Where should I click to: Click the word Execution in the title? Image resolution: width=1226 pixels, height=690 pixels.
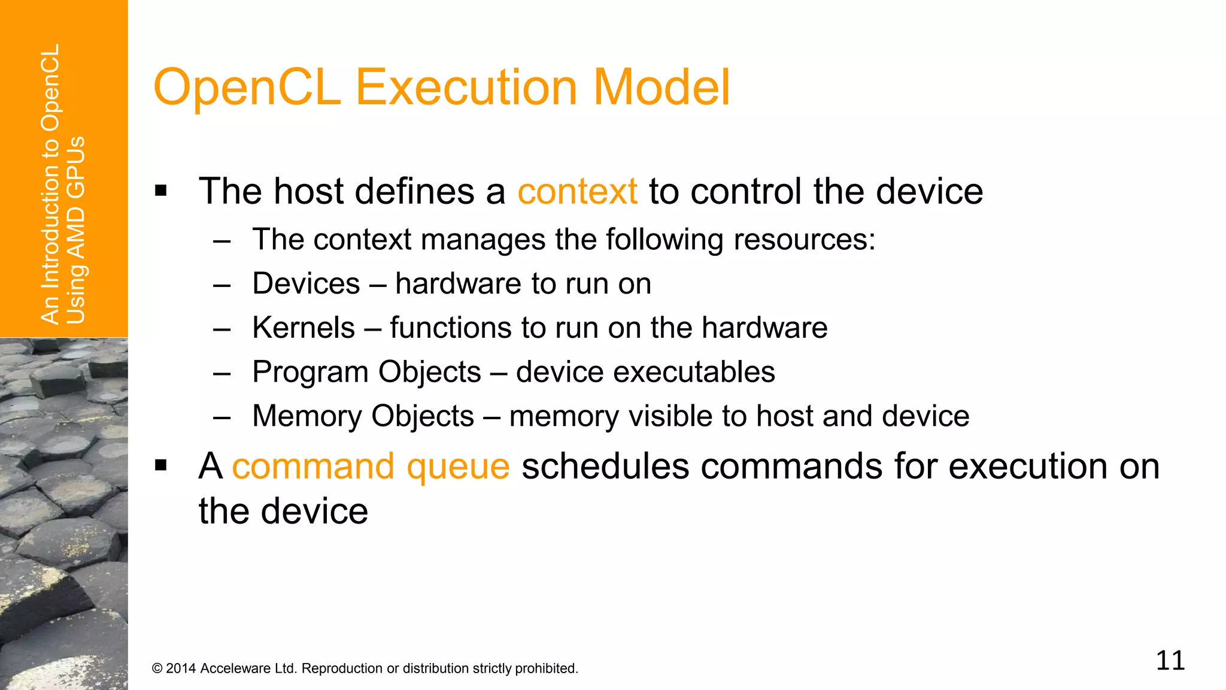(x=466, y=87)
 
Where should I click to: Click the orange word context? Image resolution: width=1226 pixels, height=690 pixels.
(x=577, y=192)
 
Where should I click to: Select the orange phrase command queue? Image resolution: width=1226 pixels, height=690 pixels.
(x=371, y=467)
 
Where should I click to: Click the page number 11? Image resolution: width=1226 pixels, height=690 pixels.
(x=1170, y=661)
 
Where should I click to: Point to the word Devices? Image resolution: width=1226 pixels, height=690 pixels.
(x=306, y=283)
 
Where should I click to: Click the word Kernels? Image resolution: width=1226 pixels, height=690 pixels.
(x=304, y=328)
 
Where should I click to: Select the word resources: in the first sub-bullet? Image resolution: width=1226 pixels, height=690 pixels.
(x=804, y=240)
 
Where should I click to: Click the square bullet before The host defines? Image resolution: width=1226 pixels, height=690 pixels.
(x=160, y=192)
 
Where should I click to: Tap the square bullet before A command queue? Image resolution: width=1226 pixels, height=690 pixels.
(x=160, y=465)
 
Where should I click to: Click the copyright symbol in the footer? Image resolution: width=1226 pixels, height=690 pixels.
(x=157, y=668)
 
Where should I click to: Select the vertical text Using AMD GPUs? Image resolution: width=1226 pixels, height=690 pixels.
(x=76, y=230)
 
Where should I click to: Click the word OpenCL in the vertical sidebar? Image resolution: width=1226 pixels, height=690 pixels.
(x=50, y=87)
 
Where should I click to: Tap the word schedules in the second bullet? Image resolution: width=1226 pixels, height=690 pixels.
(x=605, y=467)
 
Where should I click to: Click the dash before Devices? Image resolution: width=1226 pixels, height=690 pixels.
(x=221, y=285)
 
